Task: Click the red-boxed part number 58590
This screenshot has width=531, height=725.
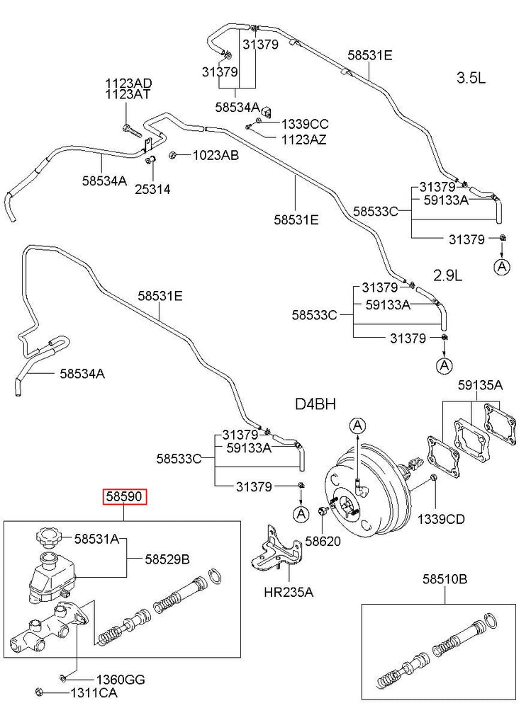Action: coord(125,498)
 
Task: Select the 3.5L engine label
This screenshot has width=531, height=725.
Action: coord(471,79)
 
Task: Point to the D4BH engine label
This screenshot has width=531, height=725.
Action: coord(315,404)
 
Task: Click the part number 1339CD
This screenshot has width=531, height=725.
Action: coord(441,519)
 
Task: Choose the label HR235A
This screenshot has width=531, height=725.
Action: coord(289,592)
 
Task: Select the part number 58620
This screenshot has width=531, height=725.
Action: coord(323,542)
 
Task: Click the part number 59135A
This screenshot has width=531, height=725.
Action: coord(480,385)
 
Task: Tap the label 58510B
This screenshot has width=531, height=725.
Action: coord(445,579)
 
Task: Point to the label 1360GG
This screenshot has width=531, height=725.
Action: coord(121,680)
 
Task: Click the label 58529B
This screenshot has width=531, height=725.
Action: coord(167,559)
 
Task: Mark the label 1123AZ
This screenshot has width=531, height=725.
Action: coord(304,139)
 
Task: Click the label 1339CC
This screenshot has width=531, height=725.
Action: coord(305,124)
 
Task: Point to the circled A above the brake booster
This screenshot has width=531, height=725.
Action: coord(358,425)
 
